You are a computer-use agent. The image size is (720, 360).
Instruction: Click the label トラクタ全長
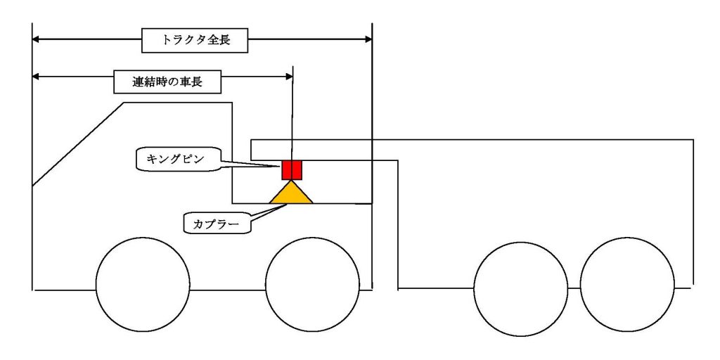195,41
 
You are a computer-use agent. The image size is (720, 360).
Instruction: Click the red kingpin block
291,170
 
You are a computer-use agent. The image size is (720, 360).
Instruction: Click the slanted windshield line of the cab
78,144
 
